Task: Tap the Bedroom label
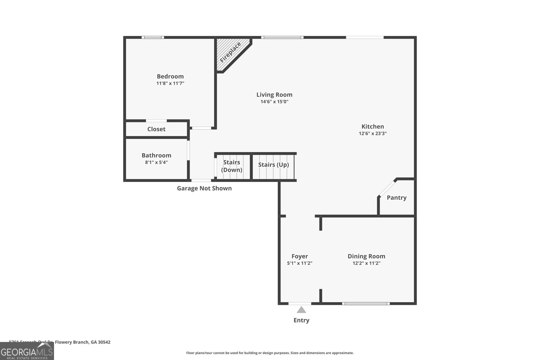click(x=170, y=76)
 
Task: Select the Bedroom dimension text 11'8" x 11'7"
click(x=170, y=83)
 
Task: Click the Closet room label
click(x=156, y=129)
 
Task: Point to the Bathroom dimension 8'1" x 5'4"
click(x=156, y=162)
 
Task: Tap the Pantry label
click(x=397, y=197)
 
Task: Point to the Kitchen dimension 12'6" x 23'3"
click(x=373, y=133)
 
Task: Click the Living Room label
click(x=274, y=94)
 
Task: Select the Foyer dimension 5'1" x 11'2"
click(x=300, y=263)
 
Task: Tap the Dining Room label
click(x=366, y=256)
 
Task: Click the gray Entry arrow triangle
click(x=301, y=310)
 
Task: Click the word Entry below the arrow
click(x=301, y=320)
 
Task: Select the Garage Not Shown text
click(x=204, y=188)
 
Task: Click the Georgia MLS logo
click(x=27, y=351)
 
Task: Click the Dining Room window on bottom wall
click(x=366, y=304)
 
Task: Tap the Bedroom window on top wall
click(x=153, y=37)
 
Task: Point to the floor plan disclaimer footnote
click(x=270, y=353)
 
